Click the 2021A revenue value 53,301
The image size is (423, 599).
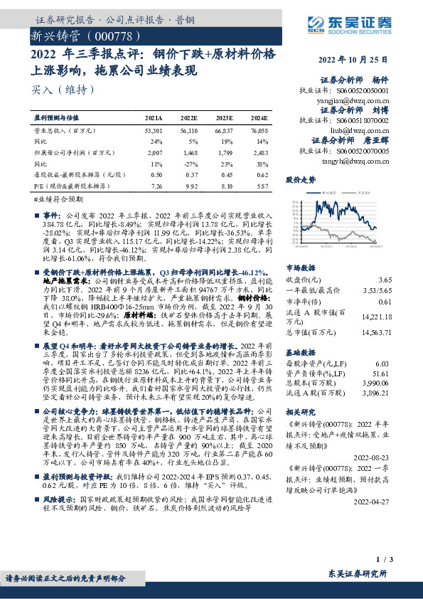tap(154, 131)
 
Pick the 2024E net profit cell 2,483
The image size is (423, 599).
tap(259, 152)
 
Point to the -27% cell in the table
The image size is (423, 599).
tap(190, 163)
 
